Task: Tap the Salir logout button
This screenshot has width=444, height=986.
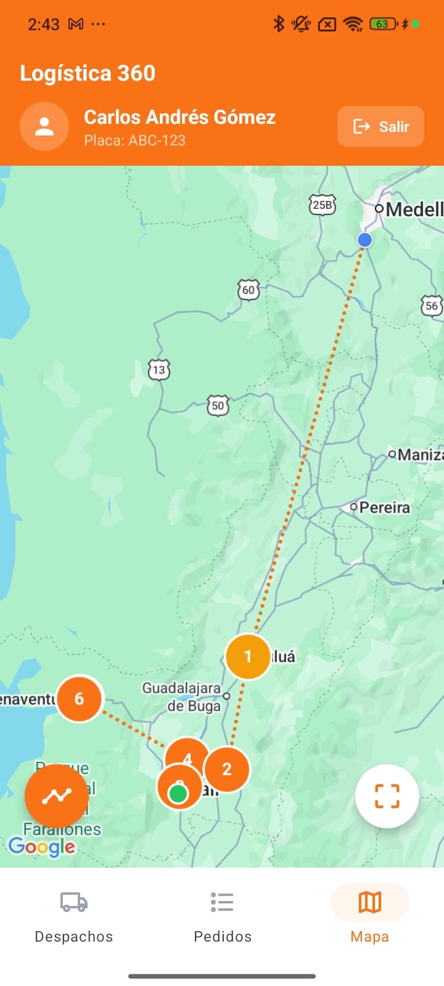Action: [x=380, y=126]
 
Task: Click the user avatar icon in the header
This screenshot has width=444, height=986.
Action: [x=44, y=126]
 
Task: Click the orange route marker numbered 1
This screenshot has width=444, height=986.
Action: [x=248, y=656]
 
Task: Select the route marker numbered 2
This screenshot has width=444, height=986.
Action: [x=227, y=769]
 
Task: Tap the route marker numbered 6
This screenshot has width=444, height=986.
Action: [x=79, y=699]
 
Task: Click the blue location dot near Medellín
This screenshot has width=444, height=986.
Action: [x=365, y=240]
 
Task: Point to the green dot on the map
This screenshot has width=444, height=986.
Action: [x=178, y=793]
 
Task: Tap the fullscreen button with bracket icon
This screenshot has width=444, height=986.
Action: [x=387, y=796]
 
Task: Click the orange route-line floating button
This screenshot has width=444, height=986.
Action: [x=57, y=796]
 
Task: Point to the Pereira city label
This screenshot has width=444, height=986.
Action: [x=384, y=507]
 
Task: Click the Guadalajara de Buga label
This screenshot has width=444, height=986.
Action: [x=182, y=697]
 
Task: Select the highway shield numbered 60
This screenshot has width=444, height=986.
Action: [x=249, y=290]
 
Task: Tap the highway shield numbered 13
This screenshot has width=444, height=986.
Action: [x=159, y=370]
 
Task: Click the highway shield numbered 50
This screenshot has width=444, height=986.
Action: [x=218, y=405]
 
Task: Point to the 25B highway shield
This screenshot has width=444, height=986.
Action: [x=322, y=205]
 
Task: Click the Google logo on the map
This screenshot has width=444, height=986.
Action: [x=41, y=847]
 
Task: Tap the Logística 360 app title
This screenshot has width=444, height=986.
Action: [x=88, y=73]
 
